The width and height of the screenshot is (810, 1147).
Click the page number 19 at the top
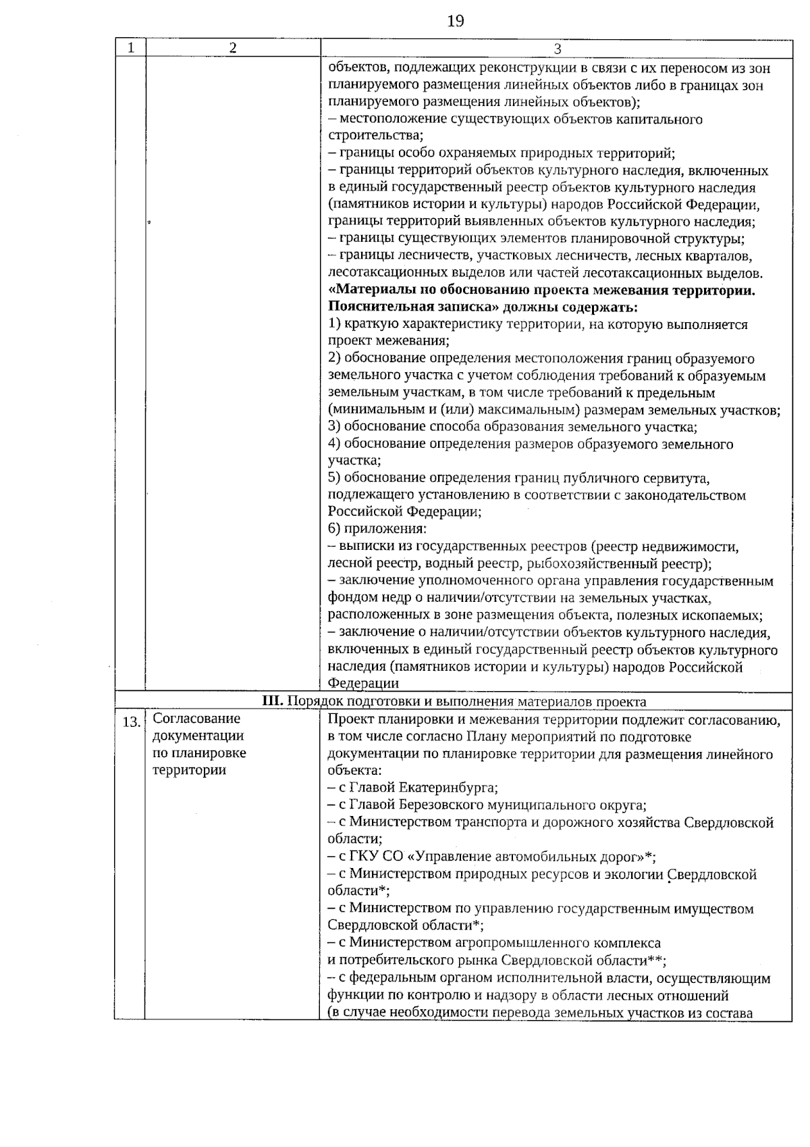[x=456, y=21]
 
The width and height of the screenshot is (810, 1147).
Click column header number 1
[x=130, y=47]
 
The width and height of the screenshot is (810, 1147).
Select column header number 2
[x=232, y=47]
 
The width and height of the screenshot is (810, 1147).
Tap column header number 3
[x=557, y=48]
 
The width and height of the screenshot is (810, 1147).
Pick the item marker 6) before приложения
[x=335, y=529]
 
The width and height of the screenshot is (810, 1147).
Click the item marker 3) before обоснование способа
[x=335, y=427]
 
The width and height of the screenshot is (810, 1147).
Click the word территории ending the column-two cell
[x=189, y=770]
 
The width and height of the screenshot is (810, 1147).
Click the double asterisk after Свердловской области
[x=655, y=960]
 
